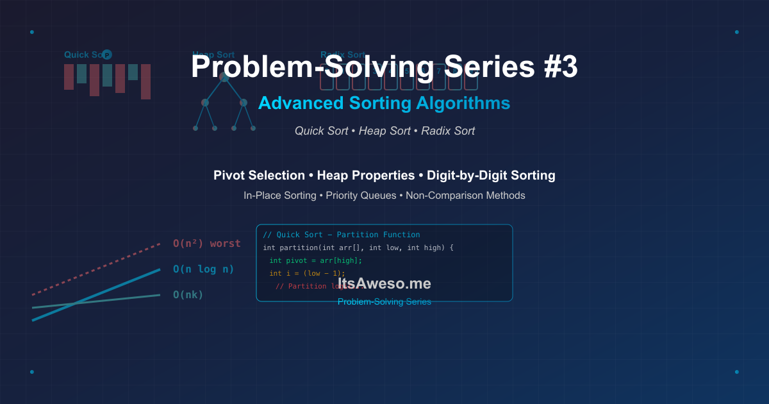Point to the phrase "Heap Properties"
pos(366,175)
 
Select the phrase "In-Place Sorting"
pos(279,196)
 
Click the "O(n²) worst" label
pos(206,244)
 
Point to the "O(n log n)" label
pos(203,269)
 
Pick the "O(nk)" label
pos(188,295)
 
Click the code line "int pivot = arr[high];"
pos(315,260)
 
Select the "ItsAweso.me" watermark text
pos(384,284)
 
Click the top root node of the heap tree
pos(224,77)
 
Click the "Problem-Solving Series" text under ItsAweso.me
pos(384,301)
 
